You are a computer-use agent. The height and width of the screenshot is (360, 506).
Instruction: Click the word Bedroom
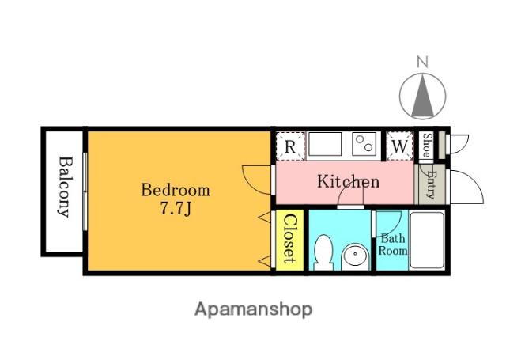click(176, 190)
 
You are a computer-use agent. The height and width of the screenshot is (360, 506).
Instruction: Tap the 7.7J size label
click(176, 209)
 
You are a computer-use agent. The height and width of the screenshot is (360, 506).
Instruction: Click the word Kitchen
click(348, 181)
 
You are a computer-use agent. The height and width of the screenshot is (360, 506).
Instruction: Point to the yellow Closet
click(289, 240)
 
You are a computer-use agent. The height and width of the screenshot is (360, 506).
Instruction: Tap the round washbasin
click(355, 256)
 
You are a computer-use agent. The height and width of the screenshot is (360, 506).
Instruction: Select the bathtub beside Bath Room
click(427, 240)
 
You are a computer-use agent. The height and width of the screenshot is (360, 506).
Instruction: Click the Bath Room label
click(392, 244)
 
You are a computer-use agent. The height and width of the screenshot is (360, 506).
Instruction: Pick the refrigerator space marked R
click(290, 146)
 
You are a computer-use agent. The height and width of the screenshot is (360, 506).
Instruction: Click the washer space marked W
click(399, 146)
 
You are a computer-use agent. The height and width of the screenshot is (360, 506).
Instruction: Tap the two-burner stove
click(364, 144)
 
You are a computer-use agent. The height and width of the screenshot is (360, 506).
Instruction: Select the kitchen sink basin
click(325, 144)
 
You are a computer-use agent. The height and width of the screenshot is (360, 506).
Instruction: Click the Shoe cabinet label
click(427, 146)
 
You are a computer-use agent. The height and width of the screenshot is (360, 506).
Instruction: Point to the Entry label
click(431, 184)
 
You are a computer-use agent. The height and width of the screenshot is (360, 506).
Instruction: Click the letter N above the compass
click(422, 62)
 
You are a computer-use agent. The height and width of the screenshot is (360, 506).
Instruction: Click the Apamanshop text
click(253, 310)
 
